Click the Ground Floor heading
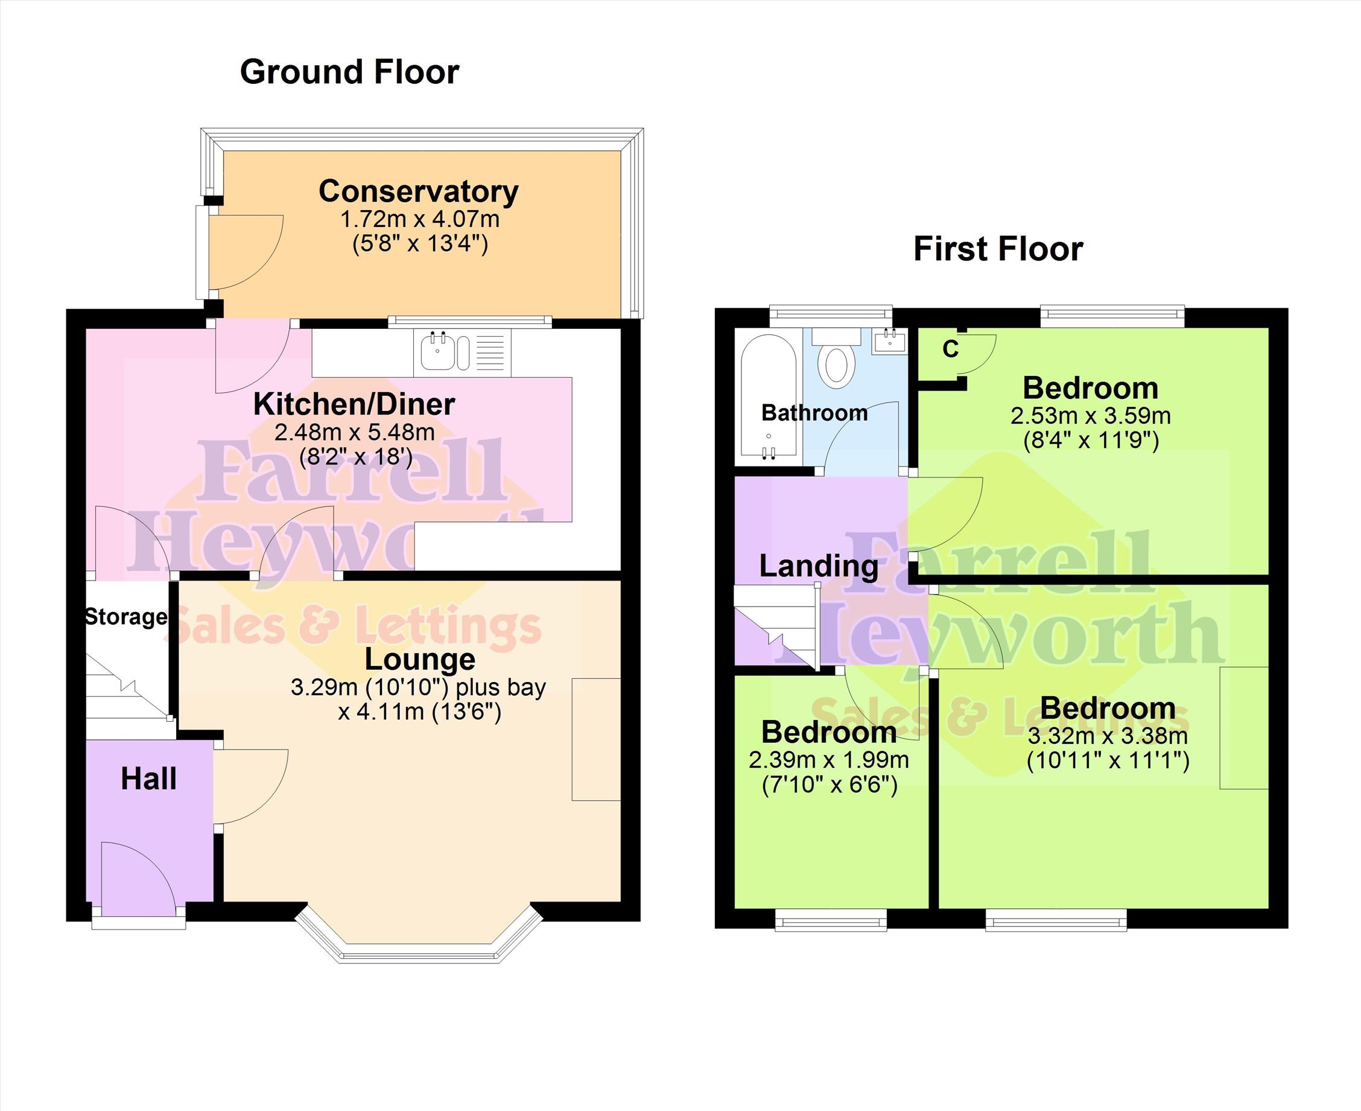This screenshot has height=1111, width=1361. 349,72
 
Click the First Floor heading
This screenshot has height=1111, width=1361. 998,249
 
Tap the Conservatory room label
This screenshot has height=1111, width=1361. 419,191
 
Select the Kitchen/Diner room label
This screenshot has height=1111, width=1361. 354,404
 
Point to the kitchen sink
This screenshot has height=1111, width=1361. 445,352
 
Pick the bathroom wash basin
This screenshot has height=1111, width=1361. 890,340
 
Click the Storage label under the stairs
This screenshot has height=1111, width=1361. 126,617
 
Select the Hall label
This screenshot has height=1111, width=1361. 148,779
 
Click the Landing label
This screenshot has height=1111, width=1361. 819,565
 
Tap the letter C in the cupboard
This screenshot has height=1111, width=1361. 951,349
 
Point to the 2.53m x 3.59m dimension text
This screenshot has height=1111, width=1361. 1091,416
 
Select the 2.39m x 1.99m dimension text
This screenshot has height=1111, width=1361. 829,760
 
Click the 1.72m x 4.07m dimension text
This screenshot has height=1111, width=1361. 420,219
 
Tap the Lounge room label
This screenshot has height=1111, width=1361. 420,660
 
